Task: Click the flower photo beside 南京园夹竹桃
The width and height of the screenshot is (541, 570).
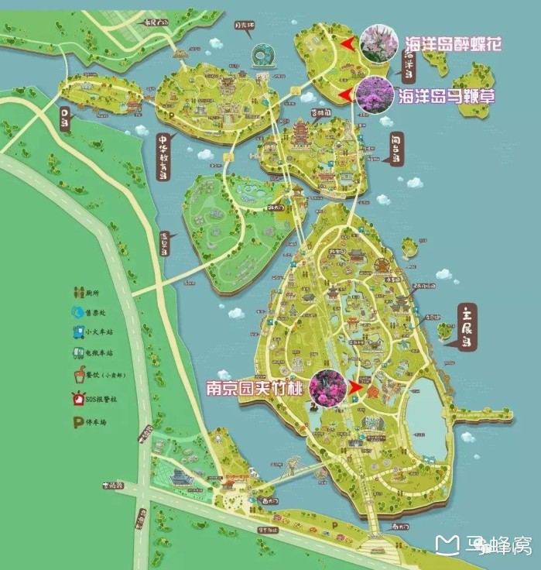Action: (327, 388)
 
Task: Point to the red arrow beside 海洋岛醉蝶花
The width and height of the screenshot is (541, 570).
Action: (347, 43)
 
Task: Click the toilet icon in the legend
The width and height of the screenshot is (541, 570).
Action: (78, 294)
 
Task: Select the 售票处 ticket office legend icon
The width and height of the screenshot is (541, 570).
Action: (78, 314)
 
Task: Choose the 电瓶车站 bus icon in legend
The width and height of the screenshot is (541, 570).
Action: (78, 354)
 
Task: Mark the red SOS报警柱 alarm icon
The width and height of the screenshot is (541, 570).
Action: (78, 400)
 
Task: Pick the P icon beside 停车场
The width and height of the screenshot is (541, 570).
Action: (78, 423)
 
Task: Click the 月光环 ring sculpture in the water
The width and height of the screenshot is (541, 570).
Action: (262, 56)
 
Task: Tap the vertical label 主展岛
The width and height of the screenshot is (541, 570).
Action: (467, 328)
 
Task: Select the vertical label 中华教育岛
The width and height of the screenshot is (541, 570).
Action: (163, 159)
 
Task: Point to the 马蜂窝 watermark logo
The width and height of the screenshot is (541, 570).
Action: (483, 547)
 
